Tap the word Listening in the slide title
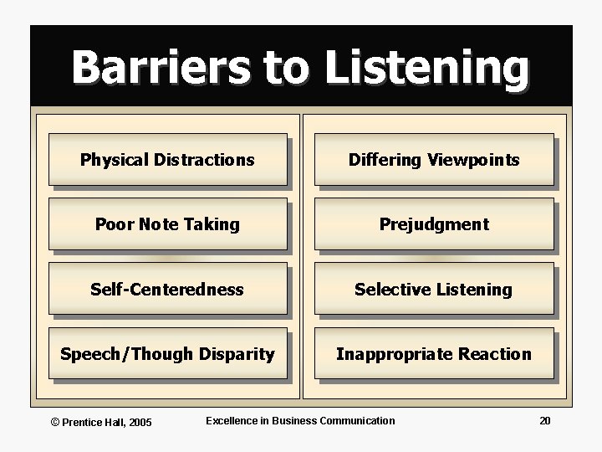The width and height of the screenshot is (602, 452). click(x=427, y=69)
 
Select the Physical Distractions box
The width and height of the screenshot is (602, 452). click(x=167, y=159)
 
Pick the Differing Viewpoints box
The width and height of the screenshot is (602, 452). click(x=433, y=159)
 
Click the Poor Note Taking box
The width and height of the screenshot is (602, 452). click(x=167, y=224)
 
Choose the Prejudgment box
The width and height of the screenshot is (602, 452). click(x=433, y=224)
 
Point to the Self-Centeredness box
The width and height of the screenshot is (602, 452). click(x=167, y=290)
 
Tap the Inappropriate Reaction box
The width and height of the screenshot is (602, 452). click(x=433, y=354)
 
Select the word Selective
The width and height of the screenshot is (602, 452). click(x=389, y=290)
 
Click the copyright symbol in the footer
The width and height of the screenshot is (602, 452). click(x=55, y=421)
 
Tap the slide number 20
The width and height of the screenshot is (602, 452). click(x=544, y=420)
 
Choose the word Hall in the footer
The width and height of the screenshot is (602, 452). click(x=109, y=421)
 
